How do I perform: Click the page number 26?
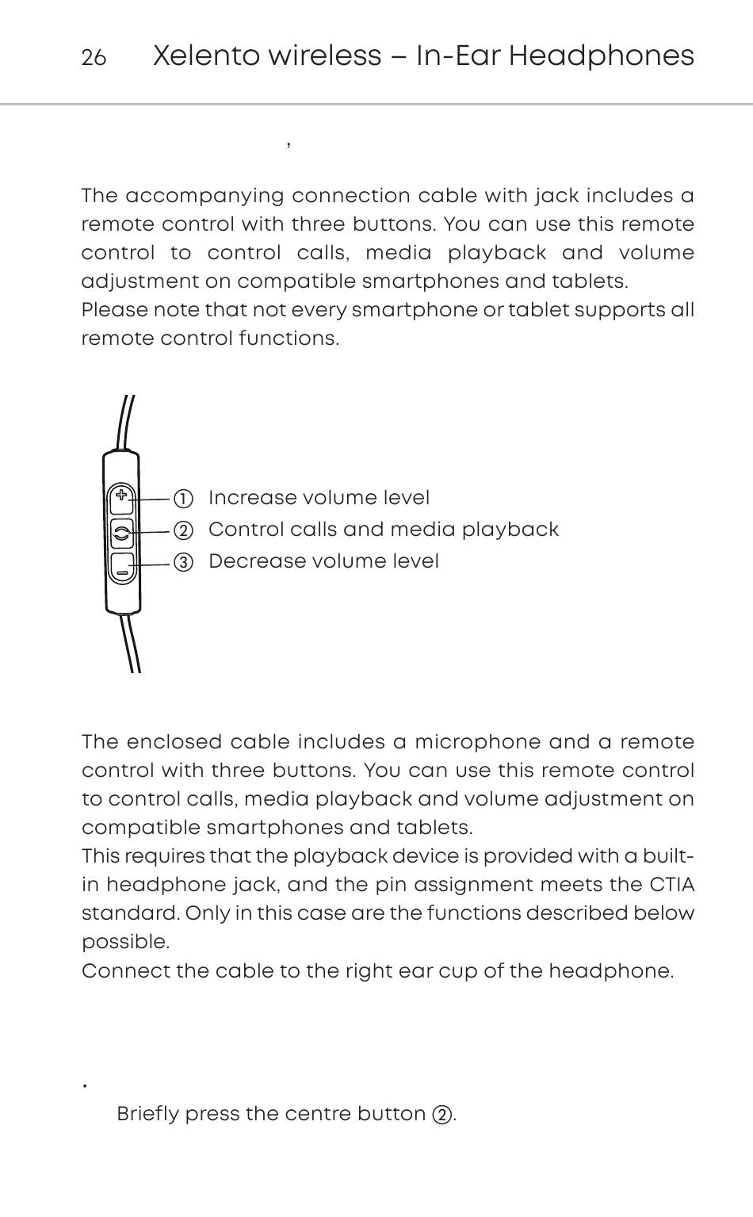94,58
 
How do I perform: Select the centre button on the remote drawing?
121,532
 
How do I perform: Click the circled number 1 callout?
183,499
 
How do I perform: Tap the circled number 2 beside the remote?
183,530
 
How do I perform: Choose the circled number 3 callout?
183,563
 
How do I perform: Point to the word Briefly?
147,1114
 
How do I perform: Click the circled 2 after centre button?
441,1115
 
